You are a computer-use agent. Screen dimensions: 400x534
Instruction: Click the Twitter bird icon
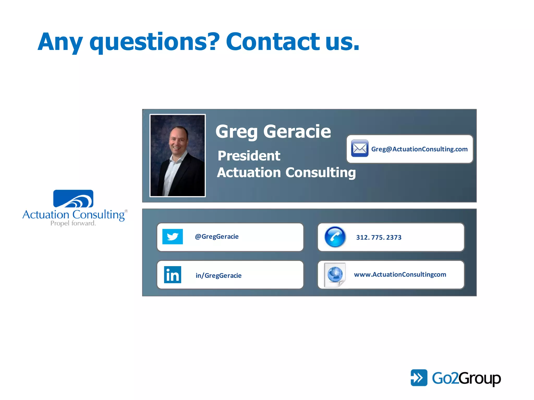172,236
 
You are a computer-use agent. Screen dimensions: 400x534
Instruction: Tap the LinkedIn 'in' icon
172,274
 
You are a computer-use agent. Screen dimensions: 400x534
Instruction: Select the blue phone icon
335,237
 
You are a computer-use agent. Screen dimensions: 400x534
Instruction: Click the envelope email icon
360,148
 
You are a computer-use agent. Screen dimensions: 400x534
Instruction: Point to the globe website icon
335,274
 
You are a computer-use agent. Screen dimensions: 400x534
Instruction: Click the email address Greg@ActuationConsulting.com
419,149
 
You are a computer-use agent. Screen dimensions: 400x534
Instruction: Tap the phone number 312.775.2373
379,237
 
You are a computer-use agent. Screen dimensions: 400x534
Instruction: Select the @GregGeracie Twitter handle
217,236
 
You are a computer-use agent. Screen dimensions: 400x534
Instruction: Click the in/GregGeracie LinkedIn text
219,276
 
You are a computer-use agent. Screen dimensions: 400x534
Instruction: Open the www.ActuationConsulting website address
400,274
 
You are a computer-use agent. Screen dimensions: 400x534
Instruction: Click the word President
249,156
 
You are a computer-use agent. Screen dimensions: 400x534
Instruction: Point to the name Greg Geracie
273,132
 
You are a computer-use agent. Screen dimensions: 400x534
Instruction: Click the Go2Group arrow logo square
419,378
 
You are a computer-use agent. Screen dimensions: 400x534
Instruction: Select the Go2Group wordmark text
466,378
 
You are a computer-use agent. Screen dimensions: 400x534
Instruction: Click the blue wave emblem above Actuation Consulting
73,198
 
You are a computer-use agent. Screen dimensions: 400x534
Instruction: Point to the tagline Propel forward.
73,223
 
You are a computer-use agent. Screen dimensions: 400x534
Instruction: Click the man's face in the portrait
178,140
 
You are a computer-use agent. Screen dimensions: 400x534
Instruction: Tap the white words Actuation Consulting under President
286,172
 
